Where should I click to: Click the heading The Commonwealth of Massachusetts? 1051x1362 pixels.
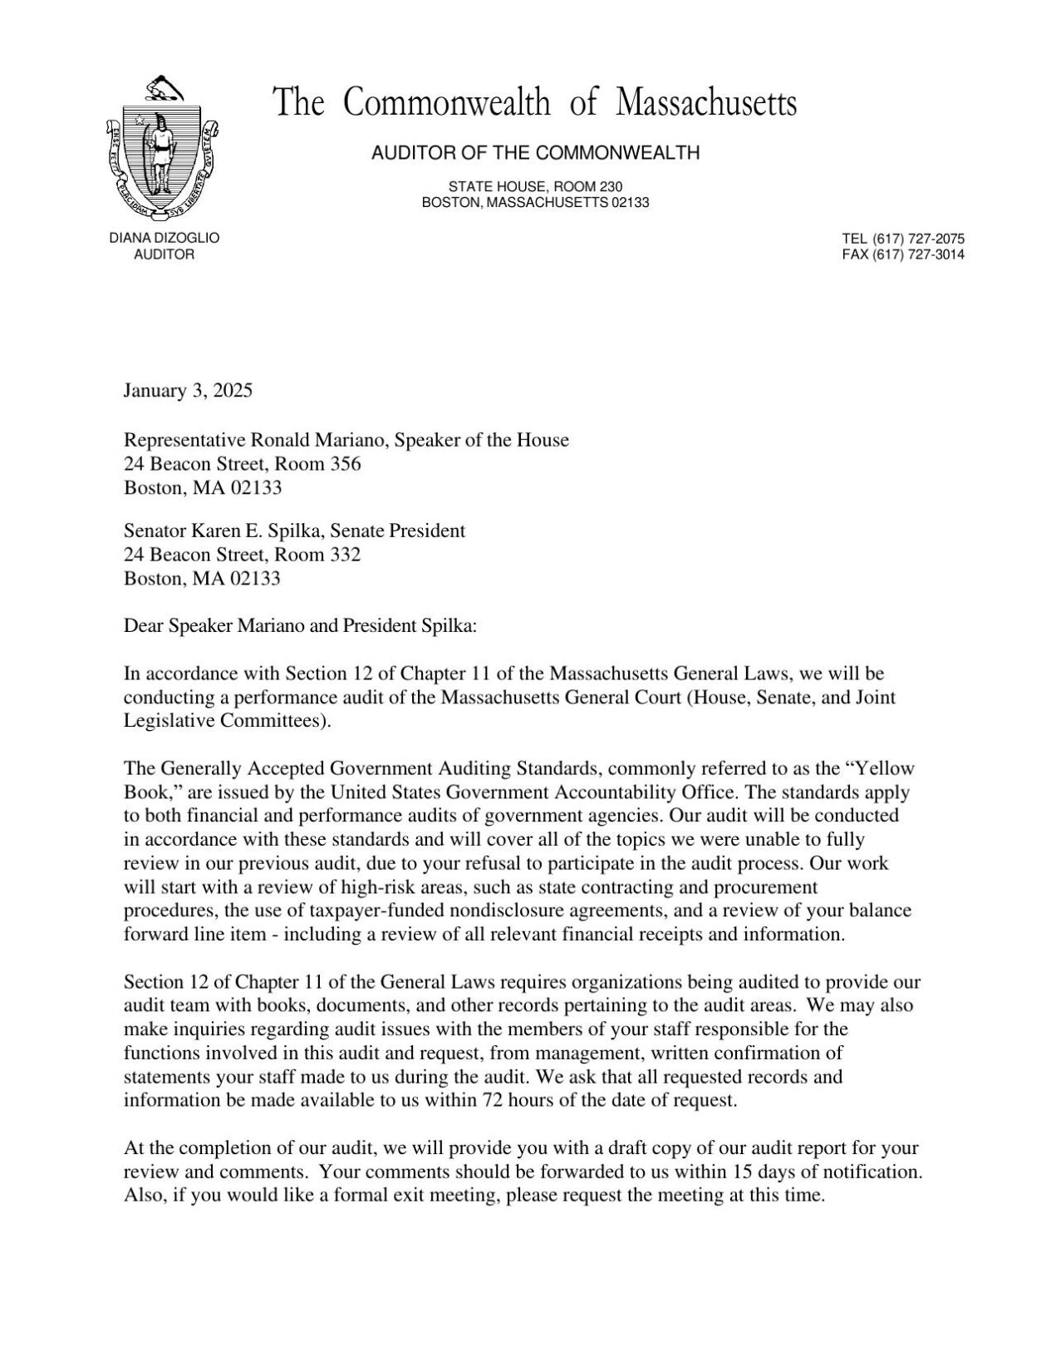pyautogui.click(x=535, y=104)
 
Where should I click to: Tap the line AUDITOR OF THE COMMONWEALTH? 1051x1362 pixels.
pyautogui.click(x=535, y=153)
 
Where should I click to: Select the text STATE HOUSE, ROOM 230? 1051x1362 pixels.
pyautogui.click(x=535, y=187)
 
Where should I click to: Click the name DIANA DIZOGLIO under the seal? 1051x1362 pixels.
pyautogui.click(x=165, y=238)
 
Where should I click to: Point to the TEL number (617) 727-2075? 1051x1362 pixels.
pyautogui.click(x=918, y=239)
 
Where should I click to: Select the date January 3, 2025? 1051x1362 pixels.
pyautogui.click(x=188, y=391)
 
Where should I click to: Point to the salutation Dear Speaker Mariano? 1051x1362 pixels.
pyautogui.click(x=214, y=626)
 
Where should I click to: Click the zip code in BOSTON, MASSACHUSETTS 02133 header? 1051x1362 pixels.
pyautogui.click(x=630, y=203)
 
